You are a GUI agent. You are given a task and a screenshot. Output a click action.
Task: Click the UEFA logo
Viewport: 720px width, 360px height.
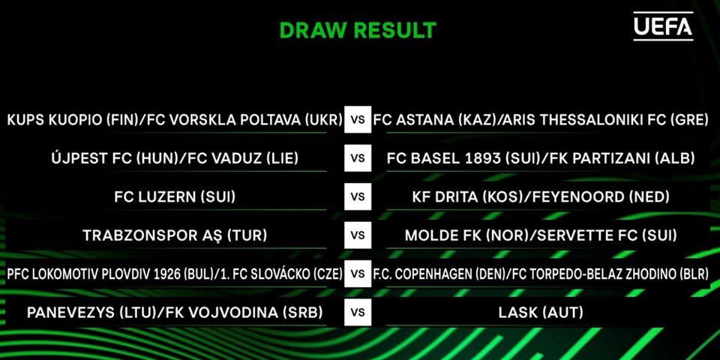pyautogui.click(x=663, y=27)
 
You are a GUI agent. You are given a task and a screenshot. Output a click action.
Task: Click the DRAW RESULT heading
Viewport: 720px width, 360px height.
pyautogui.click(x=358, y=30)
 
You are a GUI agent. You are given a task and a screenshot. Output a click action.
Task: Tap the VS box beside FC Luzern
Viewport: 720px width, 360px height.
pyautogui.click(x=358, y=196)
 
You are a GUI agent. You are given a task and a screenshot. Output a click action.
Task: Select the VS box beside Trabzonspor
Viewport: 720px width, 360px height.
pyautogui.click(x=358, y=235)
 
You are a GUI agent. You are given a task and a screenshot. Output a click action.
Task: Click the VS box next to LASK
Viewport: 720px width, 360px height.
pyautogui.click(x=358, y=312)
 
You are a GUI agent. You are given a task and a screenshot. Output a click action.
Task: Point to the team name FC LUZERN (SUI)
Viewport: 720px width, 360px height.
pyautogui.click(x=175, y=197)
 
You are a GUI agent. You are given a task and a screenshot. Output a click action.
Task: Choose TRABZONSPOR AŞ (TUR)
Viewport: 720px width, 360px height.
pyautogui.click(x=175, y=235)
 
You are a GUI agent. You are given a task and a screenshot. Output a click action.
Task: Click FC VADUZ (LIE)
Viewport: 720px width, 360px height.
pyautogui.click(x=244, y=158)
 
